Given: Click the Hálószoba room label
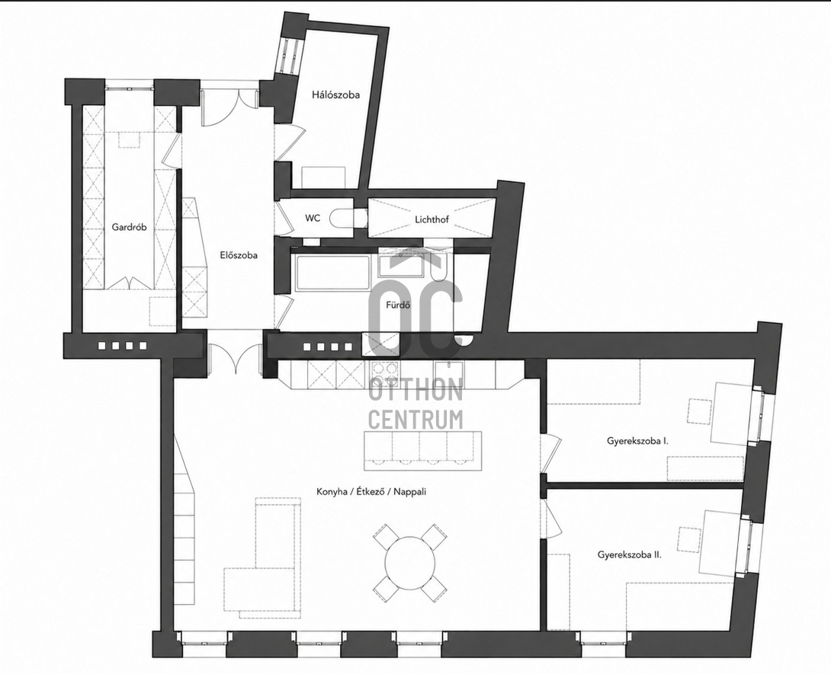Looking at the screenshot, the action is click(335, 94).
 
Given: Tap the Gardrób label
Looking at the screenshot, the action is click(129, 227).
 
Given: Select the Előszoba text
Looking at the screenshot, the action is click(239, 255).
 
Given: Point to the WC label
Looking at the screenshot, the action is click(313, 218).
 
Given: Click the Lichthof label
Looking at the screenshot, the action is click(432, 219).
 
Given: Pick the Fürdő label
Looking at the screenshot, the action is click(399, 305).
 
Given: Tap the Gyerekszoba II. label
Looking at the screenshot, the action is click(629, 555).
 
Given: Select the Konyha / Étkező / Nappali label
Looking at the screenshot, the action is click(371, 491).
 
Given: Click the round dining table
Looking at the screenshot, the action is click(409, 562).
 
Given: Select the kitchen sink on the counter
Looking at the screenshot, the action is click(449, 369).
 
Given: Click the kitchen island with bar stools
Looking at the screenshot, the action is click(423, 450).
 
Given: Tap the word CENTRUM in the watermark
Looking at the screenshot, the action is click(415, 420).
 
